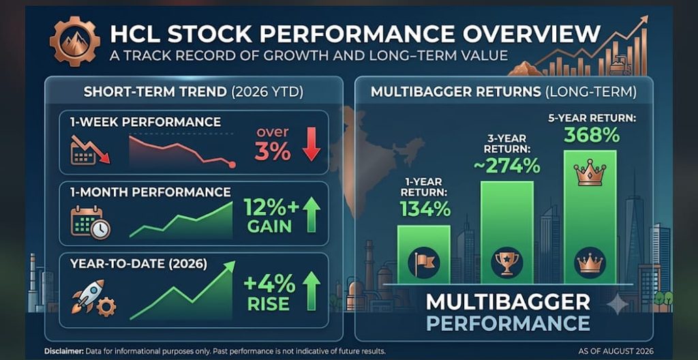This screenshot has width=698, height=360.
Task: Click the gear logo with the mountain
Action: (x=75, y=42)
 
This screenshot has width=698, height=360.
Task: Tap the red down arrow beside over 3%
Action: (x=311, y=144)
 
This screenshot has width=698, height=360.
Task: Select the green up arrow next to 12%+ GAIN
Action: (x=311, y=215)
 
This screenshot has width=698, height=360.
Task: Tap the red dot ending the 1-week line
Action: (x=232, y=165)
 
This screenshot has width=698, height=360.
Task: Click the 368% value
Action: (x=592, y=135)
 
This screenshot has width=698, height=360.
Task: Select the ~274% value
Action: (x=506, y=166)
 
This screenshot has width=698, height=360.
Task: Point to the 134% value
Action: (x=425, y=209)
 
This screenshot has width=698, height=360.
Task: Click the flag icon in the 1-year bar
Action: (x=424, y=263)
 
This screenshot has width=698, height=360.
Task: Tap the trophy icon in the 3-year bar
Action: (x=506, y=262)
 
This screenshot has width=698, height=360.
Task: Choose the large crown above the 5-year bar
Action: (x=590, y=173)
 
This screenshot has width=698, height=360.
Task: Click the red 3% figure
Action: (x=273, y=152)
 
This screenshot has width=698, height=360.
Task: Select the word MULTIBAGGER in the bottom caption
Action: (x=508, y=303)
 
